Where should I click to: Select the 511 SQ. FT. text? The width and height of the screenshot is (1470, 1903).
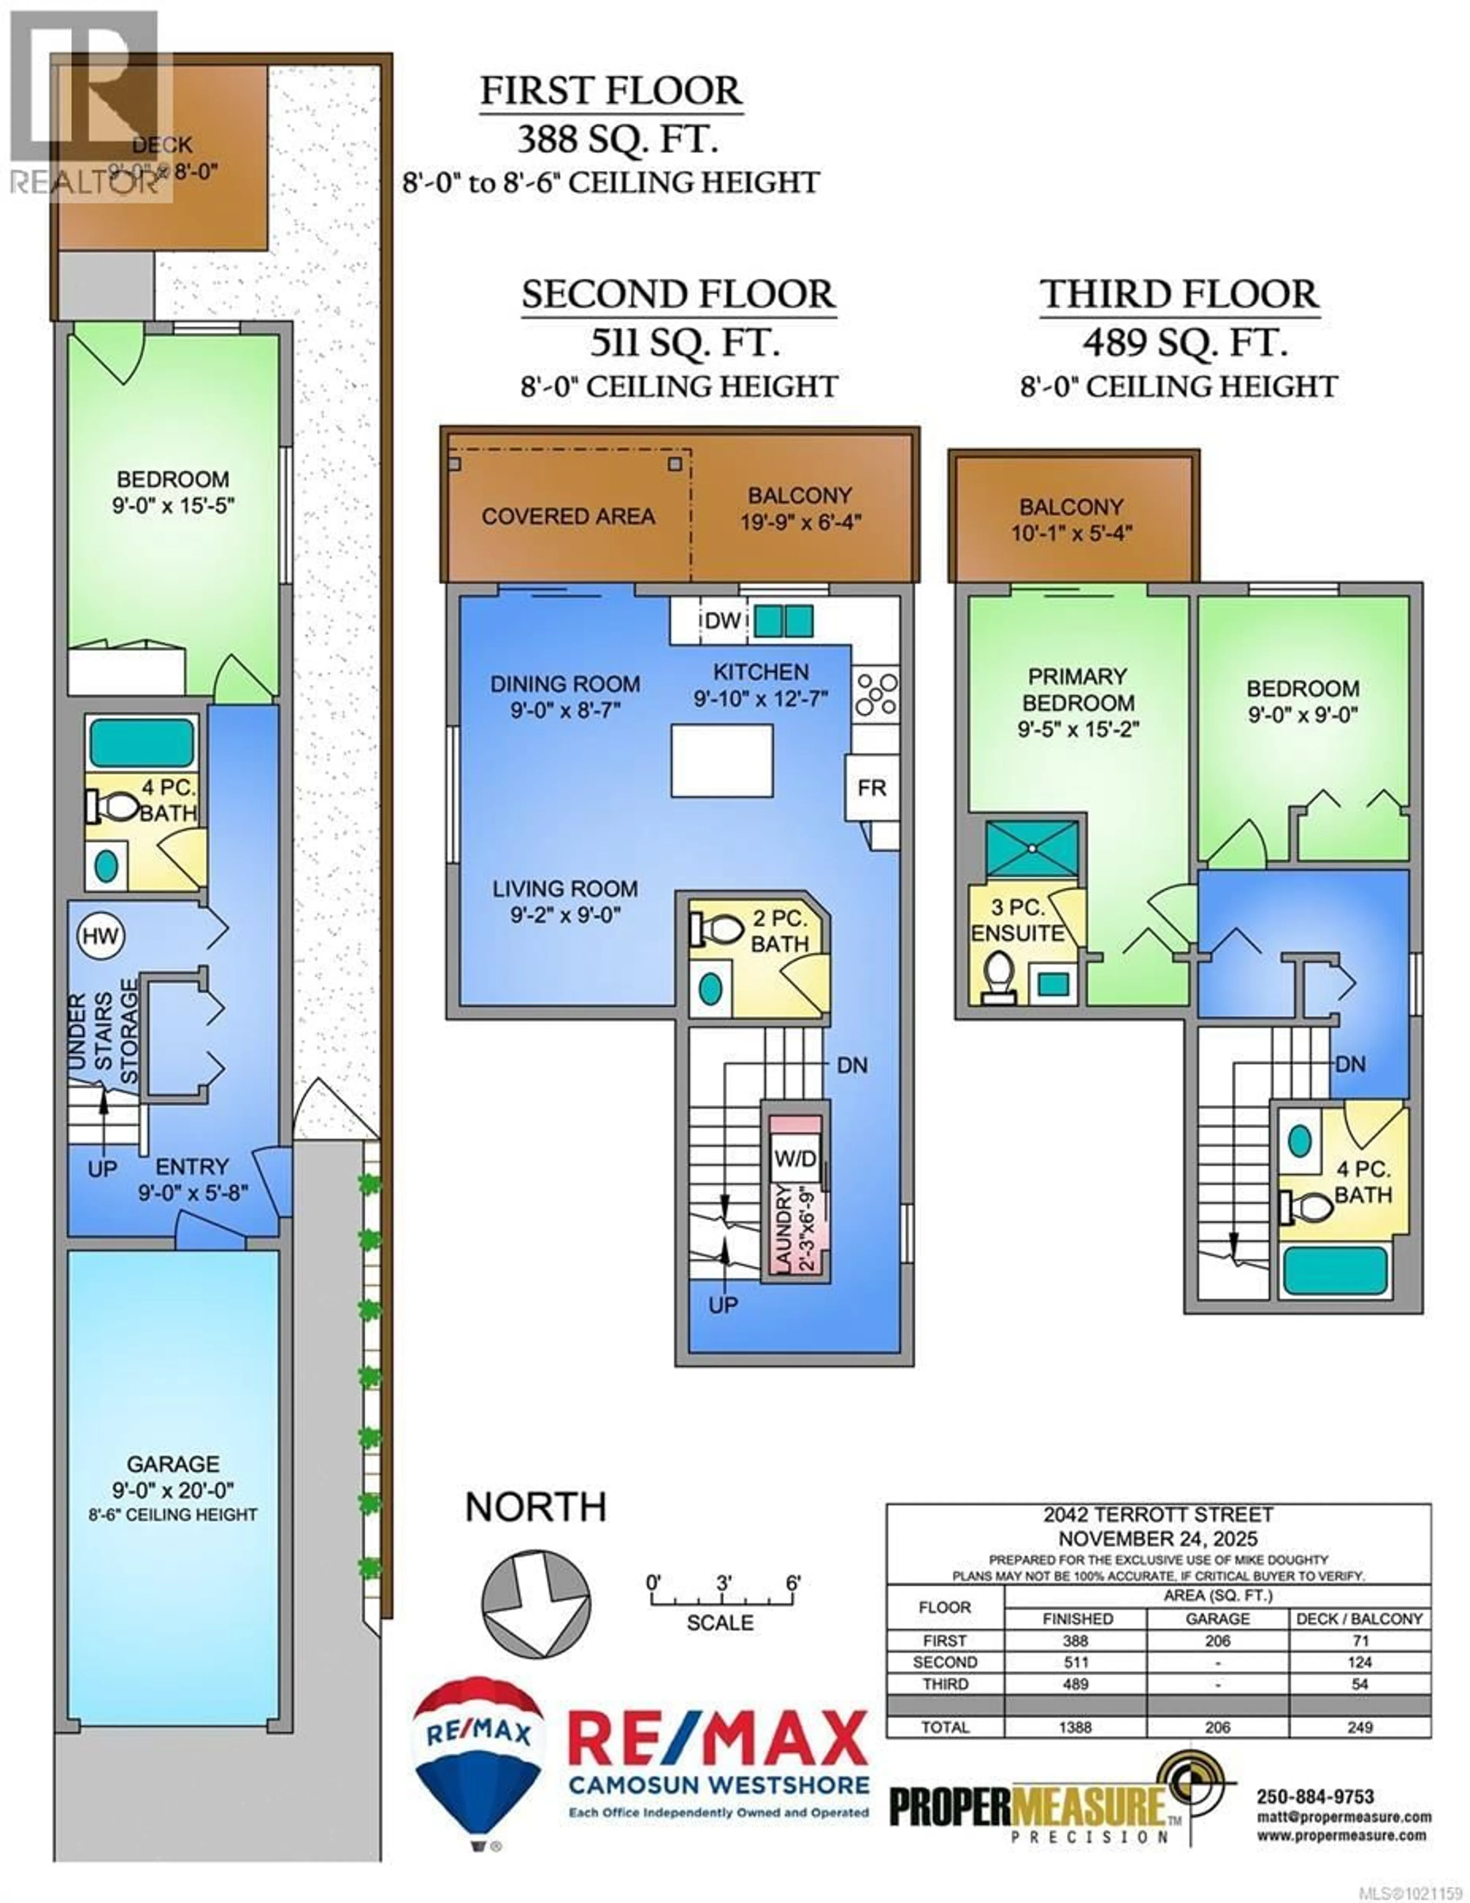tap(684, 343)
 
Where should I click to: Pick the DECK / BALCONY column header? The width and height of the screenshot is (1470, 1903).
tap(1359, 1618)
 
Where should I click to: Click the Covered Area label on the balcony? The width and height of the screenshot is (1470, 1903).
tap(568, 516)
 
